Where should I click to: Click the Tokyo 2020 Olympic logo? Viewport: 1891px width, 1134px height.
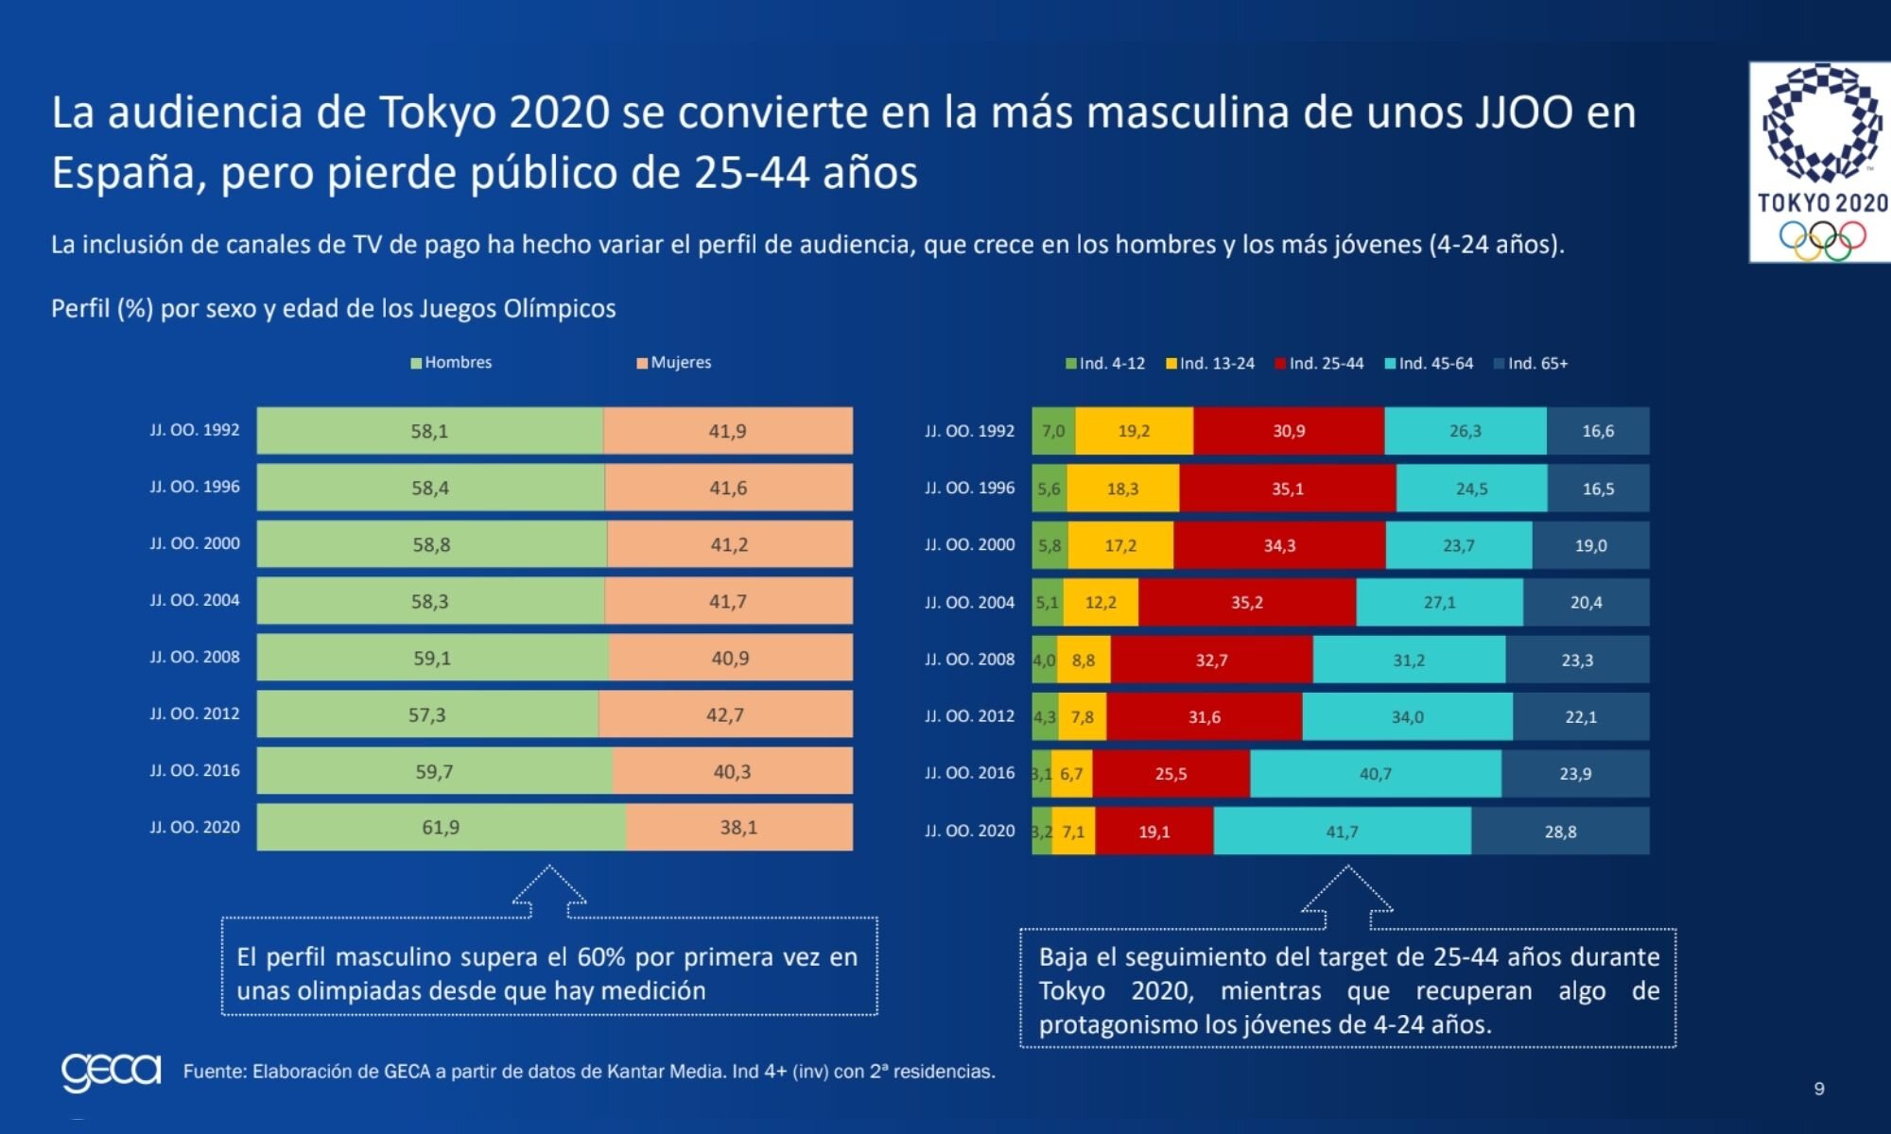point(1819,163)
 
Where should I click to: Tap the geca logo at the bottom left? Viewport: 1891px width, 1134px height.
point(111,1072)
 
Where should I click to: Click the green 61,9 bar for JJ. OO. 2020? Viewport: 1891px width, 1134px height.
point(441,828)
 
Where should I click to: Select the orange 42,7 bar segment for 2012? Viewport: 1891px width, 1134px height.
point(725,714)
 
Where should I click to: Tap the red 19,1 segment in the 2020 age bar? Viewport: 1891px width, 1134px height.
point(1154,832)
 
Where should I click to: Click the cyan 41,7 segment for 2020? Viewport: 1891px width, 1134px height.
point(1342,832)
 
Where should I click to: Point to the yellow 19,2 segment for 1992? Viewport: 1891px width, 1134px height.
point(1134,431)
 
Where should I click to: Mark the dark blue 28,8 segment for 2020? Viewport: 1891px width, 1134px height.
point(1560,832)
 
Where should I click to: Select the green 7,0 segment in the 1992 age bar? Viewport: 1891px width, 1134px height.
point(1053,431)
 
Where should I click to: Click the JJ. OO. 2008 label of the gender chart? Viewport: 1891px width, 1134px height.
point(195,657)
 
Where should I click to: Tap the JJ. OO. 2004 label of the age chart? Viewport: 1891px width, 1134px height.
point(969,603)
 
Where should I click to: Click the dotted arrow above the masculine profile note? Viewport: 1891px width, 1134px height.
point(549,890)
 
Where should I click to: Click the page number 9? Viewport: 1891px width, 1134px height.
point(1819,1089)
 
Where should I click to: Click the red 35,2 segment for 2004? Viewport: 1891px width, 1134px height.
point(1247,603)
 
